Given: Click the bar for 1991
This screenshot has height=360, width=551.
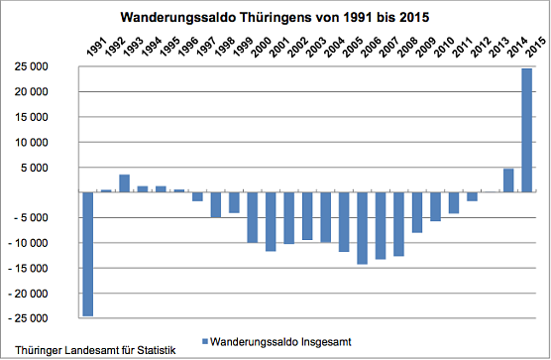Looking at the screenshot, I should (87, 254).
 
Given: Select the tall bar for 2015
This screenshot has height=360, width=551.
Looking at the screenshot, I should (526, 130).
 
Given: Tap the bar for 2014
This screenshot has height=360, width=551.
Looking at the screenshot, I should (508, 180).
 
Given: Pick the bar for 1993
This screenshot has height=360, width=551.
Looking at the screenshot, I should (124, 183).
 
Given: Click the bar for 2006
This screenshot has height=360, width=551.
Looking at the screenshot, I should (362, 228).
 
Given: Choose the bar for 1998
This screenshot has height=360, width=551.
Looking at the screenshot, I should (215, 204).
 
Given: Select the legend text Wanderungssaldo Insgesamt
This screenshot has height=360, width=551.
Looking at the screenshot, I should (281, 341).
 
